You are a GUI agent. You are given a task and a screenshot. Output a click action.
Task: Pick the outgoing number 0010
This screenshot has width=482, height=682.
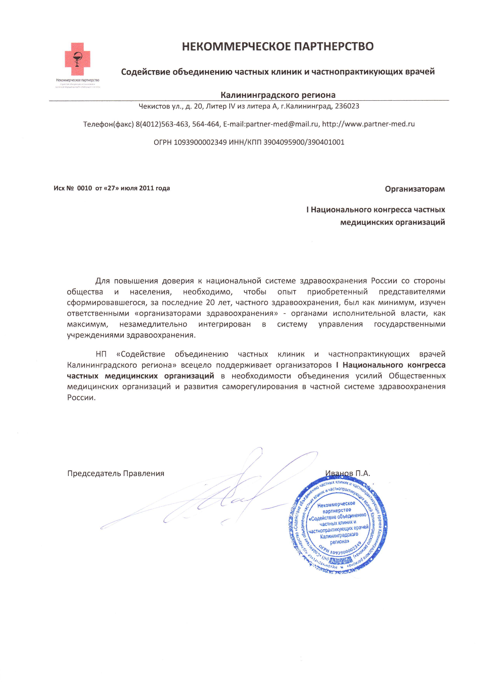click(84, 188)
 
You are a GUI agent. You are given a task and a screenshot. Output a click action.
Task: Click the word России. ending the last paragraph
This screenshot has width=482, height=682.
click(81, 398)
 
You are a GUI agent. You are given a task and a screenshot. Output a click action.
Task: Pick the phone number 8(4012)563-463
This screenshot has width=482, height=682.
click(162, 124)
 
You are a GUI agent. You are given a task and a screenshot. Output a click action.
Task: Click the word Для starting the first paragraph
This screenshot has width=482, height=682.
click(102, 281)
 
